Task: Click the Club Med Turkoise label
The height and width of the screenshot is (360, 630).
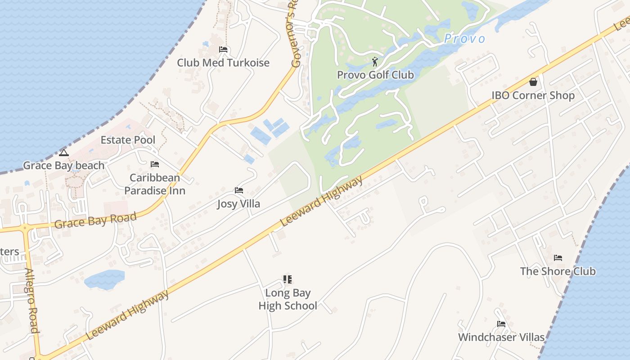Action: [x=223, y=63]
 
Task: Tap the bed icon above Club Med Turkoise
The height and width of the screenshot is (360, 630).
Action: [x=223, y=49]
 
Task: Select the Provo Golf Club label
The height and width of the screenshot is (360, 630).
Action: [x=375, y=75]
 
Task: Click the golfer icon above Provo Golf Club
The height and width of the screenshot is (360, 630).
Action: [x=375, y=62]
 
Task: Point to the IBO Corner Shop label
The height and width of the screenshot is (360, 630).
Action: [x=533, y=95]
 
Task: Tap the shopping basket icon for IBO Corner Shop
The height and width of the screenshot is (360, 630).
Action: [x=533, y=82]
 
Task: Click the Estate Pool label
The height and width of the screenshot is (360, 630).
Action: [x=128, y=140]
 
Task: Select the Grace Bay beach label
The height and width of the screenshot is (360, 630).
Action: [x=64, y=166]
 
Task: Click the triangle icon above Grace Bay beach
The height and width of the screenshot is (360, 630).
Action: [x=64, y=153]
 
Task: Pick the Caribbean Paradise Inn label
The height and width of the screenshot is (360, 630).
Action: [x=155, y=184]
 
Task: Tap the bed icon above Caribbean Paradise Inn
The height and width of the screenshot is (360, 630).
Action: [x=155, y=164]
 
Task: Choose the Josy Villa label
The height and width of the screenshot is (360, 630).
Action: [x=238, y=204]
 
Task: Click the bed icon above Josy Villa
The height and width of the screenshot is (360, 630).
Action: [x=239, y=190]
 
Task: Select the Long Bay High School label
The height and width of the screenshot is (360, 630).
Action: [x=288, y=299]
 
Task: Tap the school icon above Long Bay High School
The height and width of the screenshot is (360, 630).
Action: [x=288, y=279]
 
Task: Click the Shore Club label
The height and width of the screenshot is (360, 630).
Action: [x=558, y=271]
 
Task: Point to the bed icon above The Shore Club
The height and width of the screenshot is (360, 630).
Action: [x=558, y=258]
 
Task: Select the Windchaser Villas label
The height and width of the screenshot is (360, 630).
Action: [x=501, y=337]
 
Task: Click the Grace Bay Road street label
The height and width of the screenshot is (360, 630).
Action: [x=95, y=220]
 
